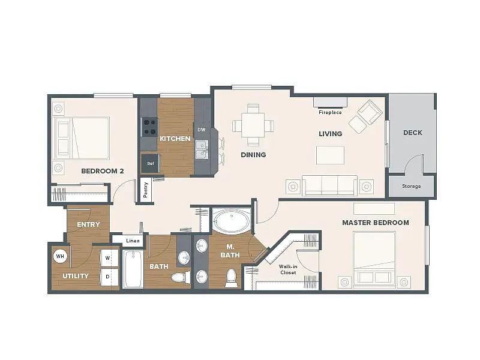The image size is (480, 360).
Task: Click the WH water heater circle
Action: [x=60, y=256]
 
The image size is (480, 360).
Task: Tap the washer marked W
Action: [x=109, y=258]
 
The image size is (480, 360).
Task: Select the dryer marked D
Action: [x=109, y=277]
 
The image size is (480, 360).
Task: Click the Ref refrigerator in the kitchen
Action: [x=149, y=163]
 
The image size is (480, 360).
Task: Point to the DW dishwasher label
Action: [x=202, y=130]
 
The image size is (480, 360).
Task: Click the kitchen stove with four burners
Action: [x=149, y=127]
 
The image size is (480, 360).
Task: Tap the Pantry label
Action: [x=146, y=190]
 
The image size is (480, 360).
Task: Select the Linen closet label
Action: [x=133, y=241]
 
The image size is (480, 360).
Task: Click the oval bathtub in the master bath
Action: [x=231, y=221]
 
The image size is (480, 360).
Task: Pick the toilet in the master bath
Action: [x=232, y=278]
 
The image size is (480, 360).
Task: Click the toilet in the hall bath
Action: [x=181, y=278]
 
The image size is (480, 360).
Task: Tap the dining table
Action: [x=253, y=125]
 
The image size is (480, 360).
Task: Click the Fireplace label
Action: [x=330, y=112]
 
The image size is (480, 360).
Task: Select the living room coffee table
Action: [x=331, y=155]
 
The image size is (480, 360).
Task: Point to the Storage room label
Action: [x=412, y=186]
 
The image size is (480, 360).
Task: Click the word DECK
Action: [x=413, y=133]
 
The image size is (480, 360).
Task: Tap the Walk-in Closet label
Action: [x=288, y=269]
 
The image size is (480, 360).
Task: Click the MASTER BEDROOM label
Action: [x=376, y=223]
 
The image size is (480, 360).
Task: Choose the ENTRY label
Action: [x=88, y=224]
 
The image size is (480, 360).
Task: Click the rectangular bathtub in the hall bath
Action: [x=133, y=269]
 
